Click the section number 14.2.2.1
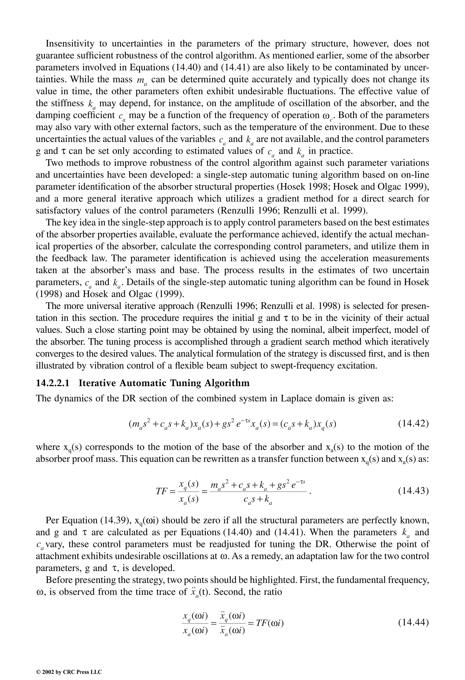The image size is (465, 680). pos(53,383)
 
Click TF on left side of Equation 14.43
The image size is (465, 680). pos(161,491)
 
